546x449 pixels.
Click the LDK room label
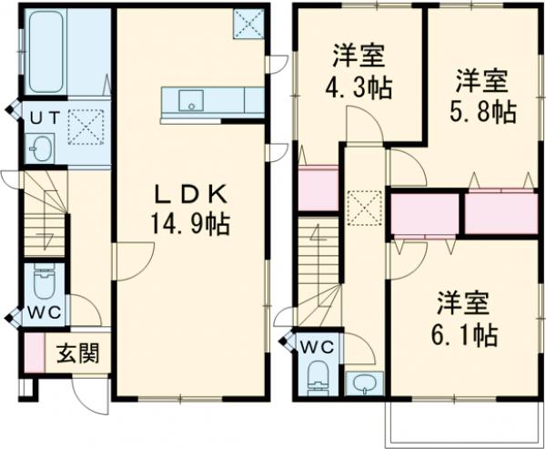[x=191, y=194]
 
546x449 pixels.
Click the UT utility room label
[x=41, y=117]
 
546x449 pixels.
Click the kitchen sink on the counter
[x=192, y=98]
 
